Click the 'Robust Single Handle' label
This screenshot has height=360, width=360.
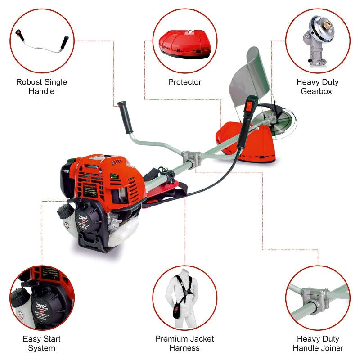pyautogui.click(x=41, y=86)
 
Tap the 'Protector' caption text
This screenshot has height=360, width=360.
pyautogui.click(x=184, y=82)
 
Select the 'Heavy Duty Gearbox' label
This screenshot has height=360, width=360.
pyautogui.click(x=317, y=86)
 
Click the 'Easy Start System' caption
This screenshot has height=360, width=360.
pyautogui.click(x=41, y=343)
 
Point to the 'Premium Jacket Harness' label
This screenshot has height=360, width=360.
pyautogui.click(x=184, y=343)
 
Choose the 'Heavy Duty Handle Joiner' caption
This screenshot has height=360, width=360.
pyautogui.click(x=318, y=343)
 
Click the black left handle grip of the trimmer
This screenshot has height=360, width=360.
pyautogui.click(x=124, y=115)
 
